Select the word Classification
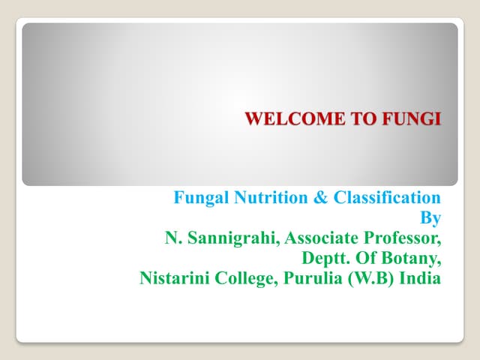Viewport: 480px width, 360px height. point(386,198)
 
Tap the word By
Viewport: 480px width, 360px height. point(431,218)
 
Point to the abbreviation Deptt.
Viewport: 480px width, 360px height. point(323,259)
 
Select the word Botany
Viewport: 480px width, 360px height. point(414,259)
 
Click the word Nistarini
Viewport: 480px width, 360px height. point(172,279)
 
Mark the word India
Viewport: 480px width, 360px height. point(420,279)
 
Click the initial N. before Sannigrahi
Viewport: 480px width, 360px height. point(172,238)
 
